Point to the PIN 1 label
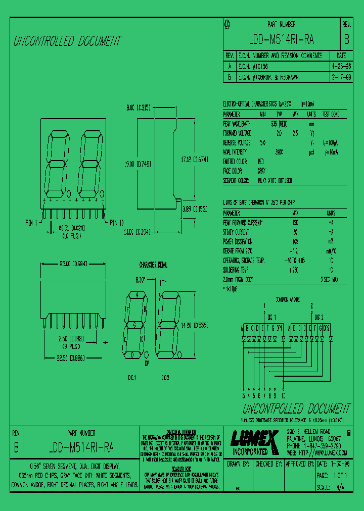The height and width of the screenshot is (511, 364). [x=31, y=223]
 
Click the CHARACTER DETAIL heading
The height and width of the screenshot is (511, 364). [x=153, y=265]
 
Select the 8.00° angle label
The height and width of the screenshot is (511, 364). [x=140, y=279]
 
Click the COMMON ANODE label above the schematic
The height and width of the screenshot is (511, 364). [x=287, y=299]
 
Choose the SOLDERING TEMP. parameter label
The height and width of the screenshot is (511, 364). [x=238, y=269]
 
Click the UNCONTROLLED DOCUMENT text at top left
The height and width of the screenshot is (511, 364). [x=67, y=41]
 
